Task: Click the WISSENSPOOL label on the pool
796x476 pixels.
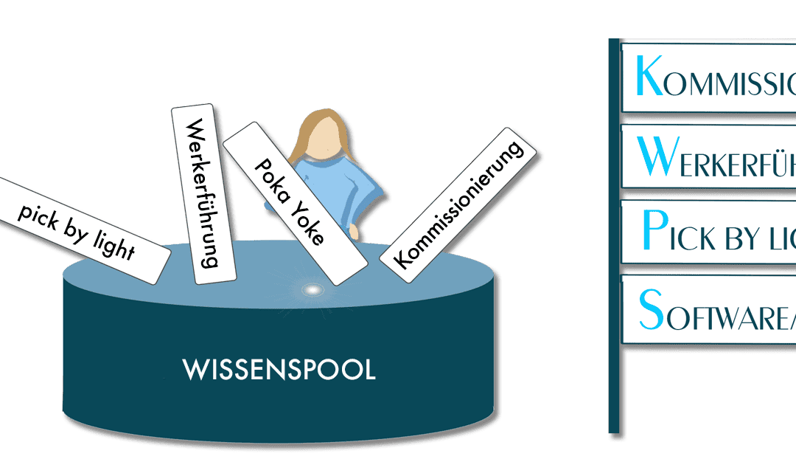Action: coord(279,370)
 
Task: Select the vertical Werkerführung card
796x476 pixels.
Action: coord(203,193)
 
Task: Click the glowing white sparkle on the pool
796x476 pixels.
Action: coord(313,290)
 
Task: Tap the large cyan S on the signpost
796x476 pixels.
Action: coord(652,309)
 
